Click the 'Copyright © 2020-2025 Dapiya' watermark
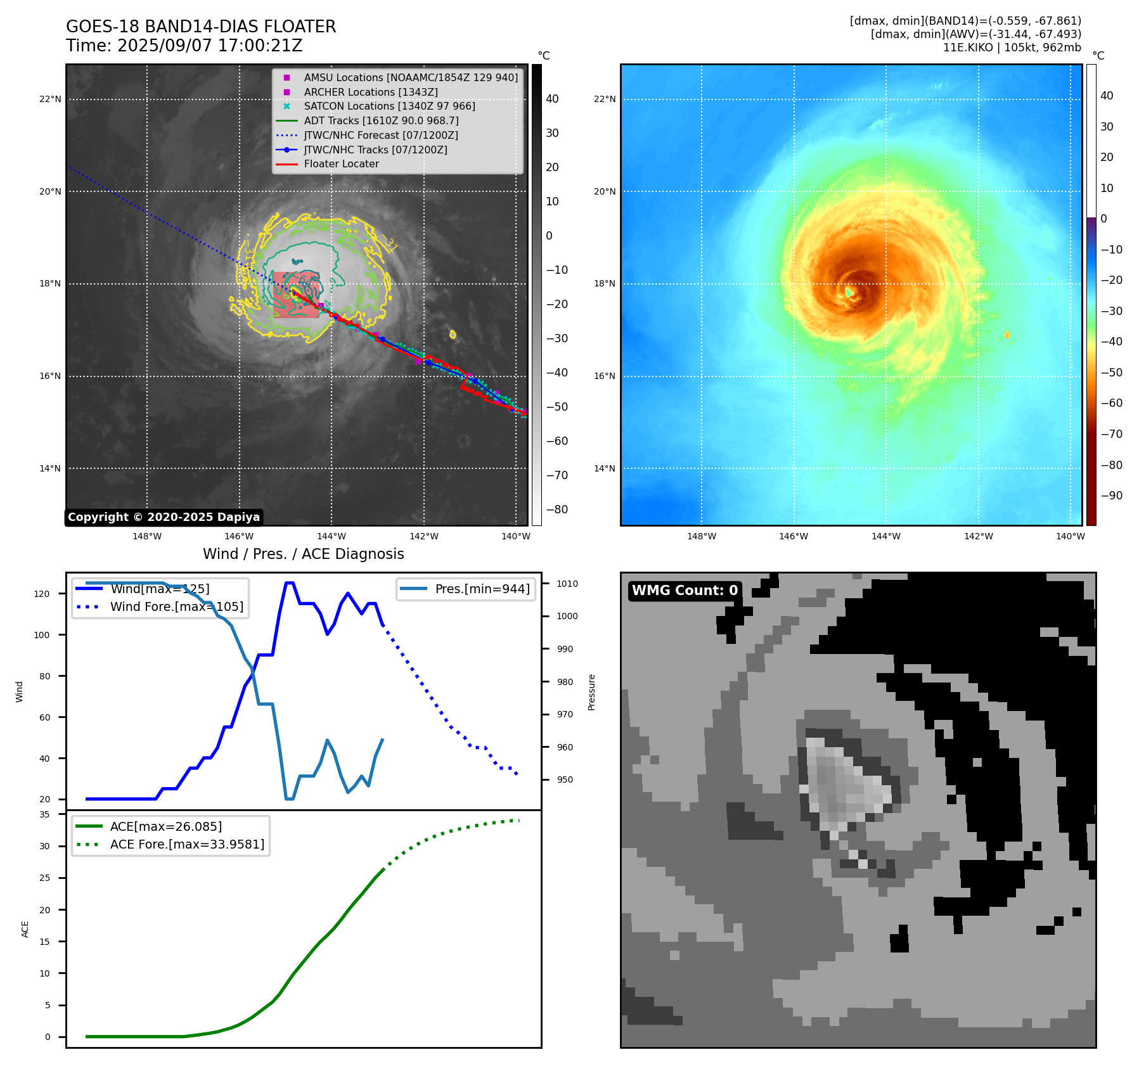coord(164,517)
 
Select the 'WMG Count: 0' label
coord(685,591)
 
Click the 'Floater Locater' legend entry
coord(341,164)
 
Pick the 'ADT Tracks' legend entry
coord(381,121)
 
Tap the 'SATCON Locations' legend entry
coord(389,106)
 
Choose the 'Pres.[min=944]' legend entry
coord(482,589)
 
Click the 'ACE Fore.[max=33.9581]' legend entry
coord(187,844)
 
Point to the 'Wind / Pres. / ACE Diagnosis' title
coord(303,554)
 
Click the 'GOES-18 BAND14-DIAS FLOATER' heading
coord(201,27)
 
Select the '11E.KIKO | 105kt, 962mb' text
coord(1012,48)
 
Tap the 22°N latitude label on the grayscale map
coord(50,99)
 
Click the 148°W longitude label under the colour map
coord(701,536)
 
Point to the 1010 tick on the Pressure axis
coord(567,584)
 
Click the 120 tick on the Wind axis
coord(41,594)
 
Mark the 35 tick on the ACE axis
coord(44,814)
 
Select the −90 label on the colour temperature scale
coord(1111,496)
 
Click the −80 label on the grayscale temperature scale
coord(557,510)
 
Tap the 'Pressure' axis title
coord(591,692)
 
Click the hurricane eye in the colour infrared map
coord(849,292)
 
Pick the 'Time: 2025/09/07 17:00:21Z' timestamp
coord(184,46)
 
